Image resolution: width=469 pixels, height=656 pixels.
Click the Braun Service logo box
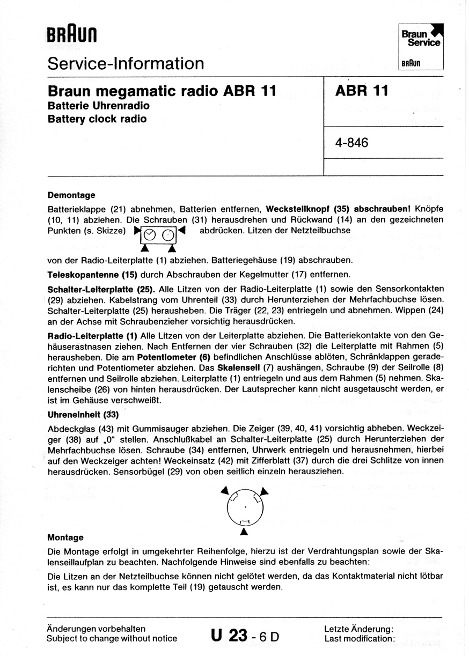421,47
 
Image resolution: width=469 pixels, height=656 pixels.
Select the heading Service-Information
126,64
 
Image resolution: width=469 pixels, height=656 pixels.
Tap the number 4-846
351,143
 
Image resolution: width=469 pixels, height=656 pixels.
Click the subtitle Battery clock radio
97,119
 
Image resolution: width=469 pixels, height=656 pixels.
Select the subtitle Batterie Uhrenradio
99,106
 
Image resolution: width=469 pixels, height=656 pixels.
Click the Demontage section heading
71,195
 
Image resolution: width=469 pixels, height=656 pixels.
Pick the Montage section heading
65,537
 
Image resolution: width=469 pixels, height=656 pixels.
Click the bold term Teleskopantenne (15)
93,274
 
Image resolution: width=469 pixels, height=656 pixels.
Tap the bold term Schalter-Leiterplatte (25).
101,289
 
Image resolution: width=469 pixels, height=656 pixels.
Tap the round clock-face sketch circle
245,508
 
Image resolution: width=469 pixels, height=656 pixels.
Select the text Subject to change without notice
112,638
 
